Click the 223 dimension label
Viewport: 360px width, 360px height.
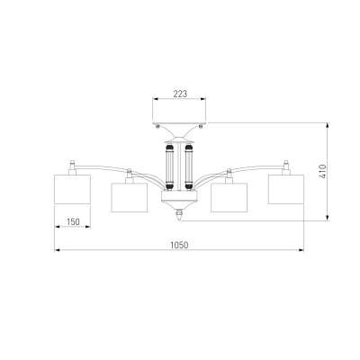click(x=180, y=94)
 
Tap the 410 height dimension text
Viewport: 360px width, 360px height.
click(x=322, y=171)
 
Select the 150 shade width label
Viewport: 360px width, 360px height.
click(x=73, y=221)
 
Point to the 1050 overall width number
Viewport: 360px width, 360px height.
click(x=179, y=245)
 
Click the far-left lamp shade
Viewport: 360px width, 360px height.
click(x=72, y=189)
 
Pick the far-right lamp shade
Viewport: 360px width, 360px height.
click(x=286, y=189)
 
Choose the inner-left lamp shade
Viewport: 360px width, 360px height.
click(x=130, y=198)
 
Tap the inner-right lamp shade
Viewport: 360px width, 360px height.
click(x=229, y=198)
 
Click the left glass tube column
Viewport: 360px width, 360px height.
click(x=170, y=167)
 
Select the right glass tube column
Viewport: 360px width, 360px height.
click(x=188, y=167)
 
